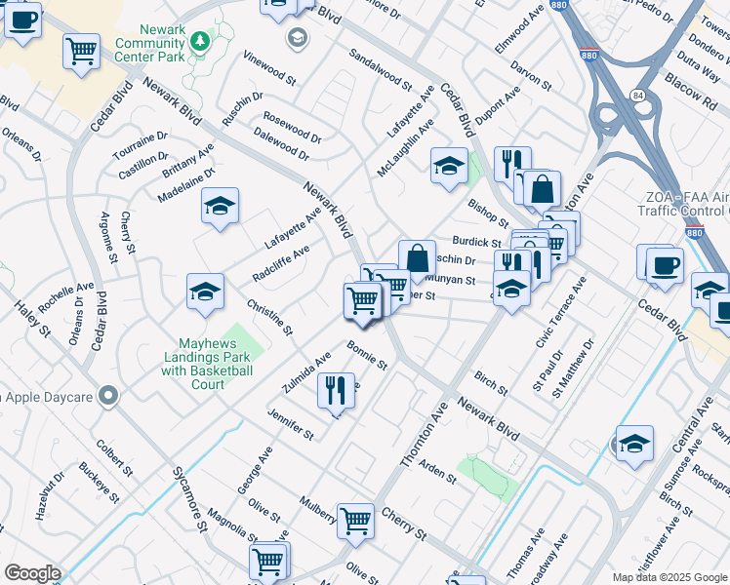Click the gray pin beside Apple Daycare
pyautogui.click(x=108, y=395)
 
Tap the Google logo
pyautogui.click(x=32, y=573)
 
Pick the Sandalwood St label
pyautogui.click(x=380, y=70)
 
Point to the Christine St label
pyautogui.click(x=269, y=318)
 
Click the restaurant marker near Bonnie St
pyautogui.click(x=335, y=391)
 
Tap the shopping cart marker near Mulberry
pyautogui.click(x=355, y=520)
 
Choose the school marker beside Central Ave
pyautogui.click(x=634, y=444)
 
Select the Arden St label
pyautogui.click(x=437, y=472)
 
